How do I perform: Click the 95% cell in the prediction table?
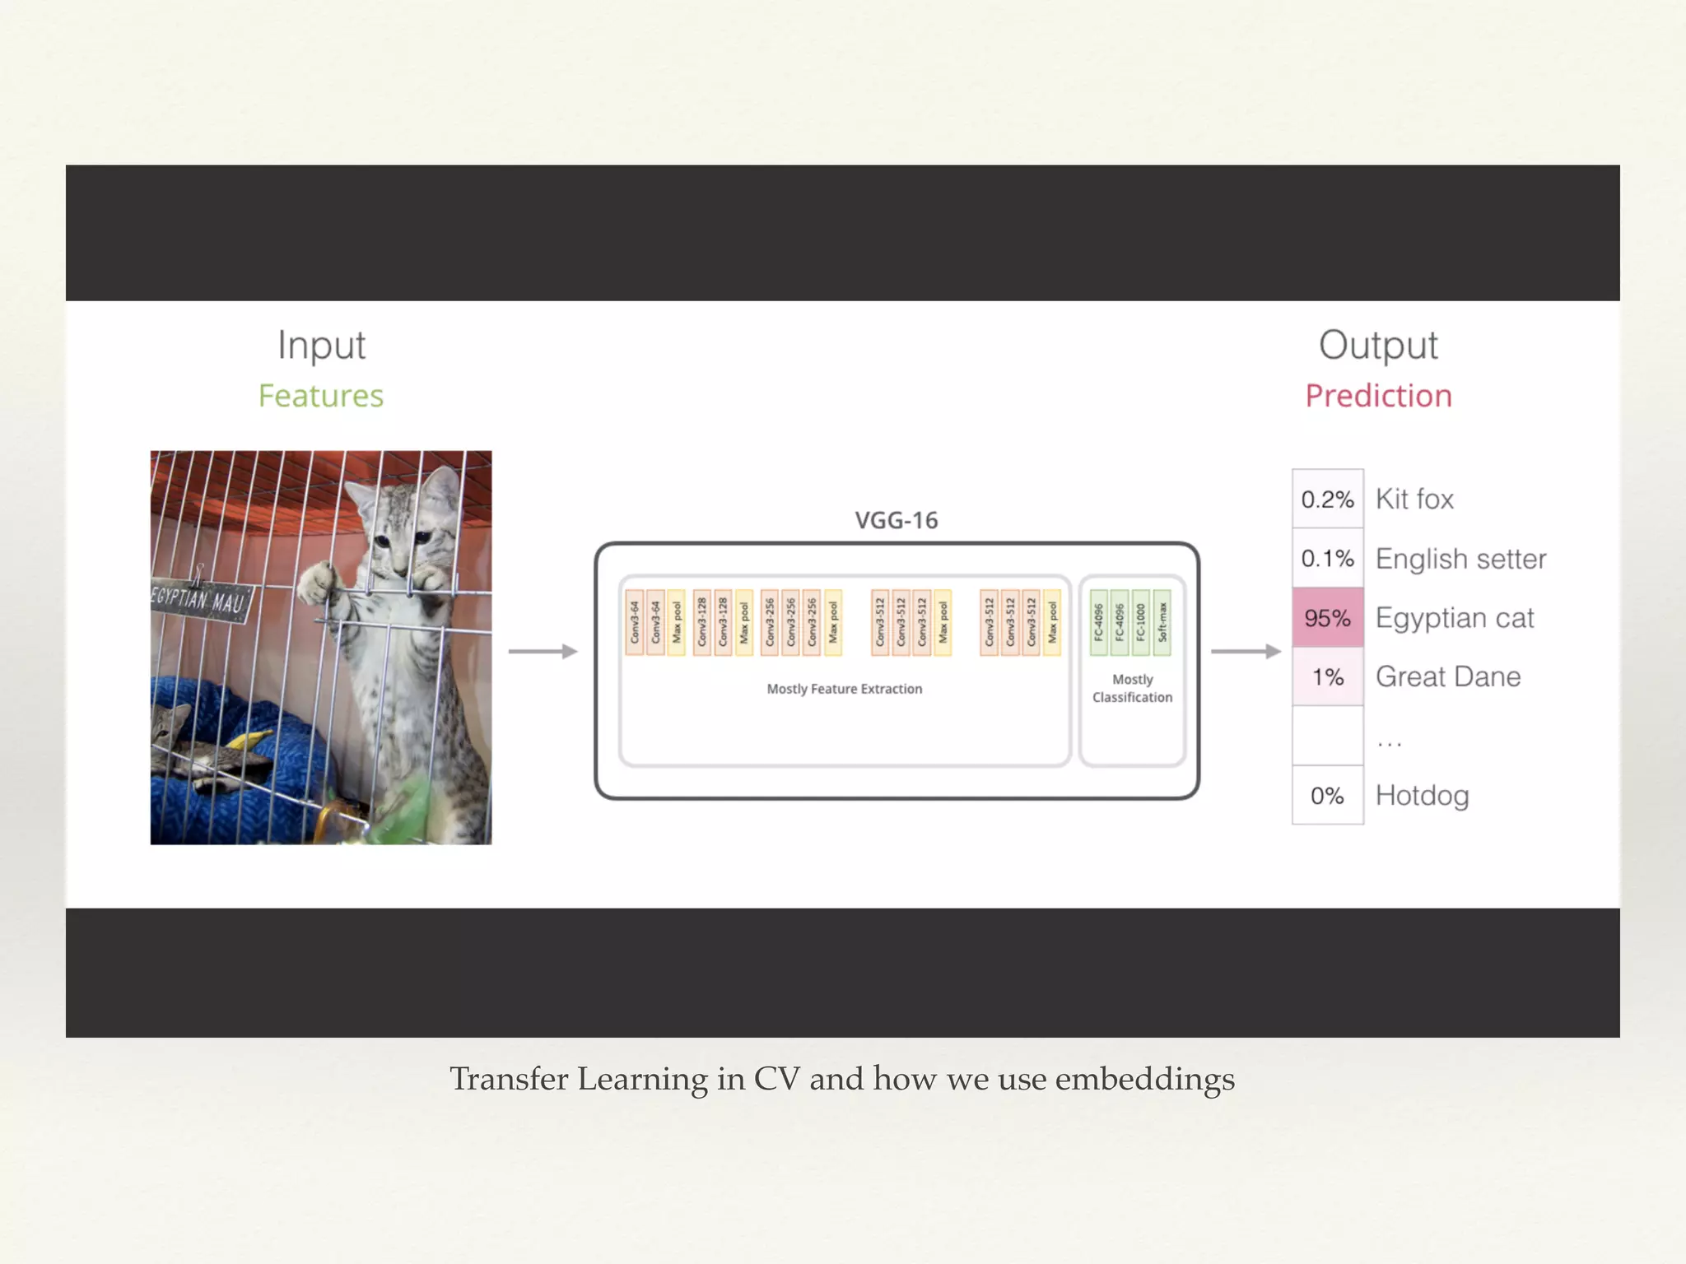[1327, 617]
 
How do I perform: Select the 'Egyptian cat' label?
[1455, 617]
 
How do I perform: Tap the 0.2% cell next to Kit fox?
[1327, 499]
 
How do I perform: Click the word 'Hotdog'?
[1423, 795]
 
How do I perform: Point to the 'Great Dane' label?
[1448, 676]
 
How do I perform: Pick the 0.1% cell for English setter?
[1327, 558]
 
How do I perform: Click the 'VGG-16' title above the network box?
[896, 520]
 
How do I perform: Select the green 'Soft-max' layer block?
[1162, 622]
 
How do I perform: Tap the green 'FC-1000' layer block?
[1140, 622]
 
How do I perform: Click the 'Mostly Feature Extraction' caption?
[844, 689]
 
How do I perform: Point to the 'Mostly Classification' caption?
[1132, 688]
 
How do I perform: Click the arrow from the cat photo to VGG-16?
[543, 651]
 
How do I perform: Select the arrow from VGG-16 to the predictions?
[1246, 651]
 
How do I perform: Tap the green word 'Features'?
[321, 396]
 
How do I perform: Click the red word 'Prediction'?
[1378, 396]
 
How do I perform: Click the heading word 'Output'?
[1378, 345]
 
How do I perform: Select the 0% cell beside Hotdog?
[1327, 795]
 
